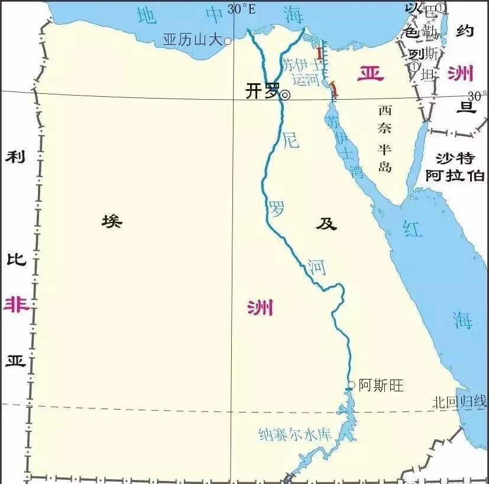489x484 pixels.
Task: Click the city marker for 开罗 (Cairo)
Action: point(285,94)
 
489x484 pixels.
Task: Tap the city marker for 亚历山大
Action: point(228,41)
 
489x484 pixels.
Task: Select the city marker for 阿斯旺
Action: point(351,385)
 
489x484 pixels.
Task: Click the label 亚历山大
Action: point(192,40)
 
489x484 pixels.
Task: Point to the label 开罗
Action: point(262,91)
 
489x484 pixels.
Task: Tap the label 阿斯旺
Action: point(381,385)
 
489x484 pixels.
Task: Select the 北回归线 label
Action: point(459,403)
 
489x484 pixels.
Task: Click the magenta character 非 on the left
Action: point(15,305)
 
